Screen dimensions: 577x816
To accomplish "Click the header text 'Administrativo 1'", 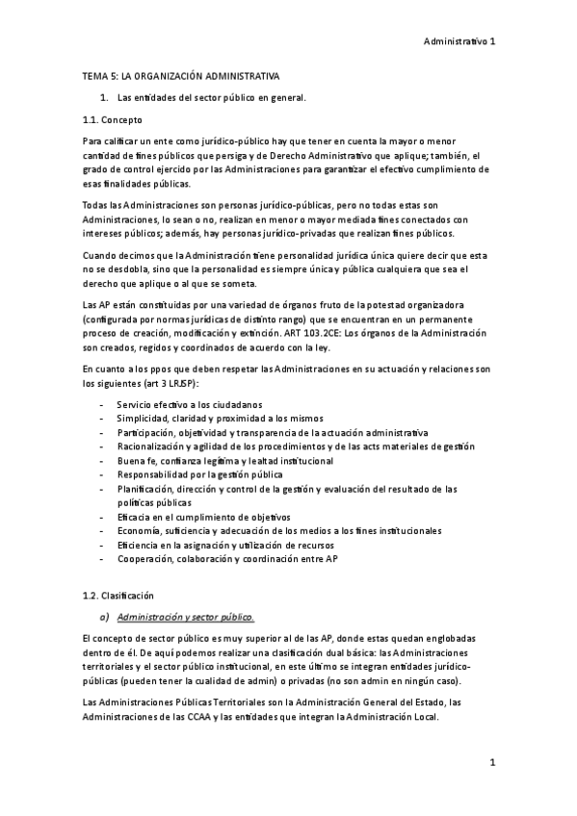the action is [x=459, y=41].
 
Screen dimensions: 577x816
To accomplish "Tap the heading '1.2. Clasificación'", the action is [x=118, y=596].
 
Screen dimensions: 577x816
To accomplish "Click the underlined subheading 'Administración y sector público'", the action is [x=185, y=617].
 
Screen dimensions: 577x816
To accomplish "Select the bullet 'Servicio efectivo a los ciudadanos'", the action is [x=189, y=404].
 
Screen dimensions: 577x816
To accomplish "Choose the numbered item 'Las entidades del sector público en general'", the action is [x=211, y=98].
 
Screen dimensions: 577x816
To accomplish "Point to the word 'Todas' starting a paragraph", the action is [x=95, y=206].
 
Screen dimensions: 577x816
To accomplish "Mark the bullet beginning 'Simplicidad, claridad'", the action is [x=220, y=419].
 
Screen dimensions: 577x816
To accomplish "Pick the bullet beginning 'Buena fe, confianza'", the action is [x=223, y=461].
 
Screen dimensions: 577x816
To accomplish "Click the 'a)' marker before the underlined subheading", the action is [x=105, y=617].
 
